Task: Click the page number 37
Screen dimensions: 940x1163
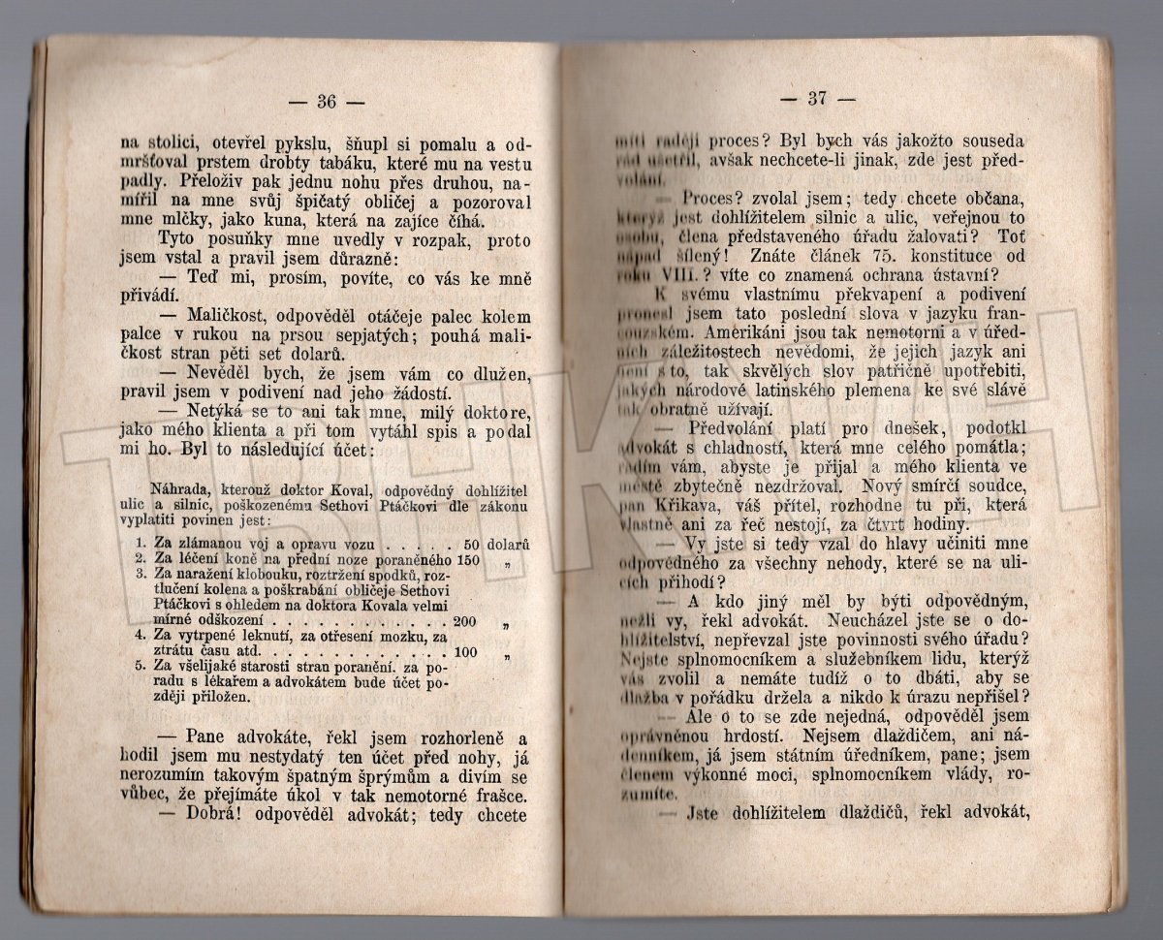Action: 817,98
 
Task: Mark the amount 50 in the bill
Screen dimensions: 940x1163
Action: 473,545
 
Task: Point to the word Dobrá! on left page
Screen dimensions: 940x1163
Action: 208,815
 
